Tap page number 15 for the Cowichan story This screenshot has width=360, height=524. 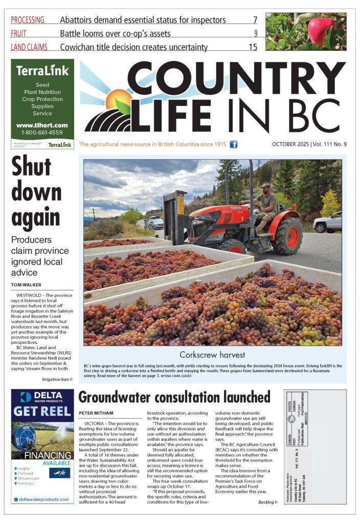253,47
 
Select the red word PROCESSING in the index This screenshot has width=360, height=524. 28,20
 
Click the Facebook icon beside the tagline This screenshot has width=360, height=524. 233,144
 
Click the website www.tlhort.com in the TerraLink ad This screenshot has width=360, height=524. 42,125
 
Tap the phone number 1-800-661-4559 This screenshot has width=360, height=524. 42,132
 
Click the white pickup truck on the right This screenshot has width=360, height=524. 327,222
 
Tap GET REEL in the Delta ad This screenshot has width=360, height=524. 42,413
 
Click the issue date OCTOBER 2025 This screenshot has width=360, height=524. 290,144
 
